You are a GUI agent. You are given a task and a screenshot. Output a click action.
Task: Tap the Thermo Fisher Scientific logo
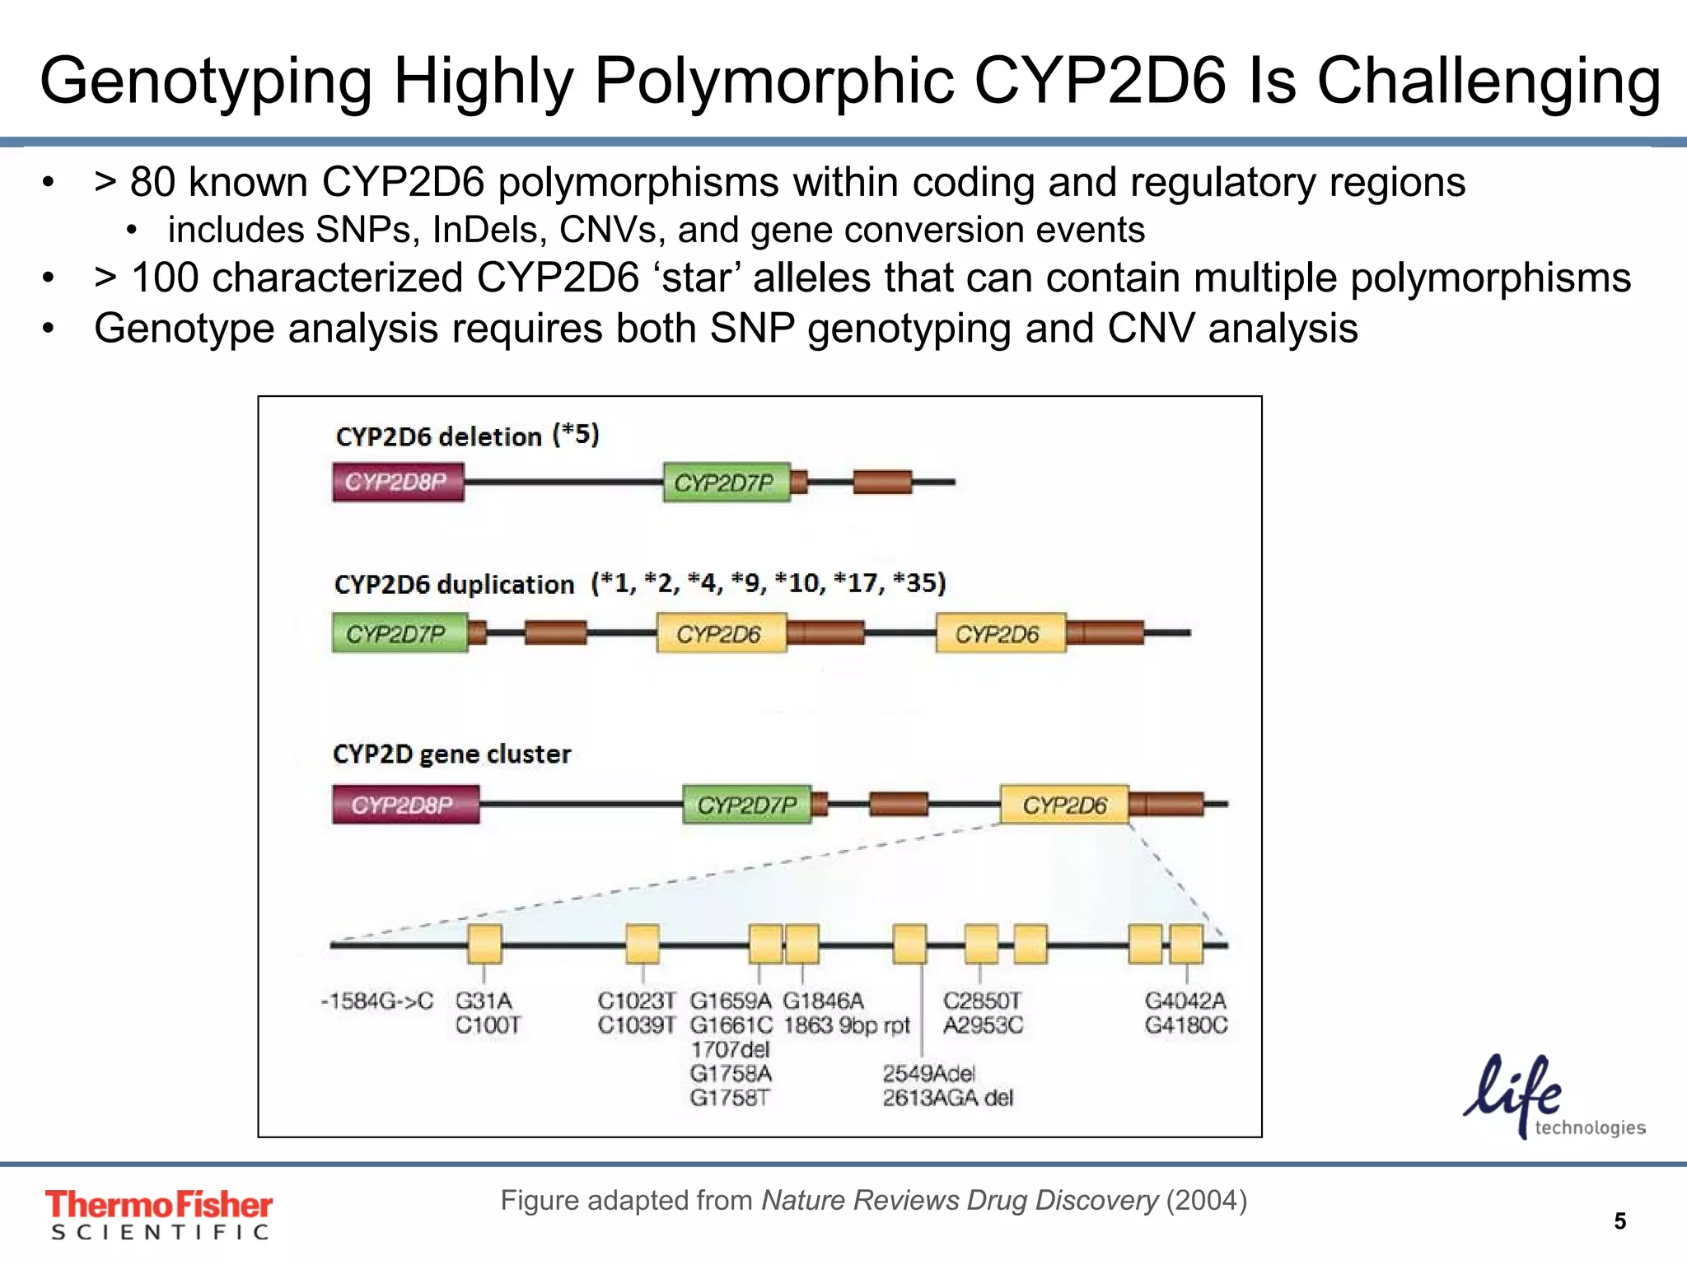(x=158, y=1214)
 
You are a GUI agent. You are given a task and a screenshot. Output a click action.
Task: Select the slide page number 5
(x=1619, y=1221)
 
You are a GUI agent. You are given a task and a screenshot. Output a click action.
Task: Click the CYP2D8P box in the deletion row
(x=398, y=482)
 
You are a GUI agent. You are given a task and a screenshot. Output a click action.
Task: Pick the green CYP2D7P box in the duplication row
(x=400, y=633)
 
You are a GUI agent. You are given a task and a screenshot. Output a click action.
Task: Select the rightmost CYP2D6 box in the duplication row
(x=1000, y=633)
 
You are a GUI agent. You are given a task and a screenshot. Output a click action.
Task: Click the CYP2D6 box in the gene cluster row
(x=1064, y=805)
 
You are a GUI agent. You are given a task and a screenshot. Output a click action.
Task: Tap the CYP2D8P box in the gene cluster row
(x=405, y=805)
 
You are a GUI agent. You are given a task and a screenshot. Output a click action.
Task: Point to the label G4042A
(x=1185, y=1001)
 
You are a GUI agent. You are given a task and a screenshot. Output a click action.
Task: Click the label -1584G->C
(x=376, y=1001)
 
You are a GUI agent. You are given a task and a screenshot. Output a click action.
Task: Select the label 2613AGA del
(x=947, y=1098)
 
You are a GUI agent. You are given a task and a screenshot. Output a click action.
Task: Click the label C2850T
(x=982, y=1001)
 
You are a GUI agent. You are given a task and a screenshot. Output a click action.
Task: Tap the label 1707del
(x=730, y=1049)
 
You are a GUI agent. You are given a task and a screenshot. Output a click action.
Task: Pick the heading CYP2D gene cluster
(x=451, y=754)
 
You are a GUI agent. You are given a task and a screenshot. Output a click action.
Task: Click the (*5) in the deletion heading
(x=576, y=434)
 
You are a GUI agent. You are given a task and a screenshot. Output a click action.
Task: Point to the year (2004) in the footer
(x=1206, y=1200)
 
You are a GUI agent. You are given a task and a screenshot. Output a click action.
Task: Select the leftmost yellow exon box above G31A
(x=484, y=944)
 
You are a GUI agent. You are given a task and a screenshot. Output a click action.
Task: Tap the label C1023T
(x=636, y=1001)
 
